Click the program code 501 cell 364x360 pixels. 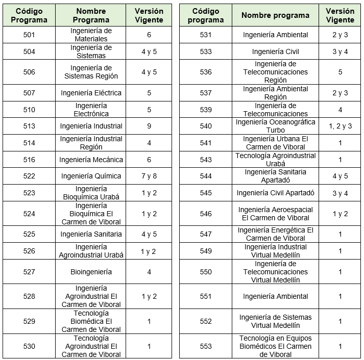[x=29, y=35]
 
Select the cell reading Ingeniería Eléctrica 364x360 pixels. [x=91, y=93]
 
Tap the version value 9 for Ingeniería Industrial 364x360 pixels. [x=149, y=126]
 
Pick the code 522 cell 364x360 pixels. [x=29, y=176]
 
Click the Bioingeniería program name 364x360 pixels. [x=91, y=272]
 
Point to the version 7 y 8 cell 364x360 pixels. [x=149, y=176]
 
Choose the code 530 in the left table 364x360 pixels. [x=29, y=346]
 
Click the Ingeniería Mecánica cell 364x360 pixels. [x=91, y=160]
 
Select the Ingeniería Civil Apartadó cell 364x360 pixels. [x=275, y=193]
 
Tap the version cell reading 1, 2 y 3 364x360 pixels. [x=340, y=126]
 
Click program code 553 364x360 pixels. [x=206, y=346]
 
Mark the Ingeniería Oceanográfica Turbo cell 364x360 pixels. [x=275, y=126]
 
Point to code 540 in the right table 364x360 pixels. [x=206, y=126]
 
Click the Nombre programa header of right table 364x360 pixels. [x=275, y=15]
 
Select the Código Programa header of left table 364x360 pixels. [x=29, y=15]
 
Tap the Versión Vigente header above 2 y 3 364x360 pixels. [x=340, y=15]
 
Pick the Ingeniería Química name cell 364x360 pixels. [x=91, y=176]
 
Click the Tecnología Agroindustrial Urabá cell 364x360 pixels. [x=275, y=160]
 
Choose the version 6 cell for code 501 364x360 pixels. [x=149, y=35]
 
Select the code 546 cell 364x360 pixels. [x=206, y=214]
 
